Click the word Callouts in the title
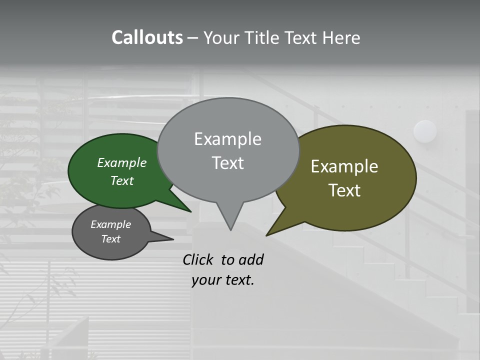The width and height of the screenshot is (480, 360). pos(147,37)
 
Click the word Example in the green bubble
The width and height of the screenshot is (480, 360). pos(122,162)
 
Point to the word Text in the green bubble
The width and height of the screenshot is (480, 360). pos(122,180)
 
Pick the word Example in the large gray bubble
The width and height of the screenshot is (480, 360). pos(227,139)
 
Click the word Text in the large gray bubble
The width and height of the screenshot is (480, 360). pos(227,163)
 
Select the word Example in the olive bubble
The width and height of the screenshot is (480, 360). pos(344,166)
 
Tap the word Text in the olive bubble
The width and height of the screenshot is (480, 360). pos(344,190)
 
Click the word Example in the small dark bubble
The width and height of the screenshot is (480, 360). pos(110,224)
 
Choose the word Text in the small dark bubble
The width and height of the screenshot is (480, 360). pos(110,239)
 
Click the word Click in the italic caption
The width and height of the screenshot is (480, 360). pos(198,260)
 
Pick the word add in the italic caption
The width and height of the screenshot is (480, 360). pos(251,260)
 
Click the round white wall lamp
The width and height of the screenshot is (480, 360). pos(425,131)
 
